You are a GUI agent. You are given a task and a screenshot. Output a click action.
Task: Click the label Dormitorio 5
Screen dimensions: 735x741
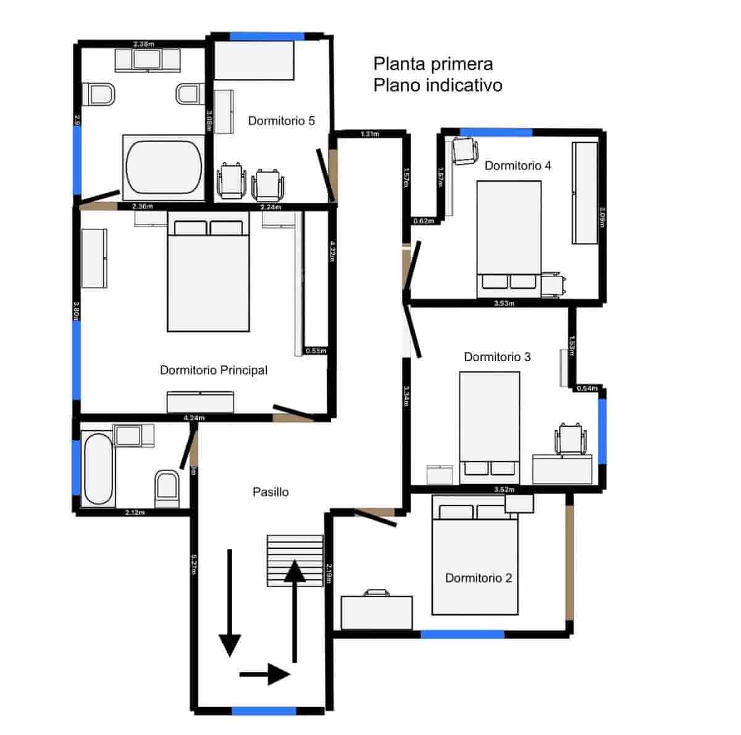[x=281, y=121]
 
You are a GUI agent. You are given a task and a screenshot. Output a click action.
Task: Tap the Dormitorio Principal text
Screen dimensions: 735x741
[x=214, y=370]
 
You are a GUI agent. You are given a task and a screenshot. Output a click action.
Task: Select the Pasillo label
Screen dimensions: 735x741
[x=270, y=492]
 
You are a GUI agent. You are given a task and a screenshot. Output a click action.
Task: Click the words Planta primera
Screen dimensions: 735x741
[x=433, y=64]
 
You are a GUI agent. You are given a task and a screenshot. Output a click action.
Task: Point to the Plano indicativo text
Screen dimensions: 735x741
[x=437, y=85]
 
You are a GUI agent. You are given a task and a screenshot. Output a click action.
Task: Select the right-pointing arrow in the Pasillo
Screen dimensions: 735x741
[x=265, y=674]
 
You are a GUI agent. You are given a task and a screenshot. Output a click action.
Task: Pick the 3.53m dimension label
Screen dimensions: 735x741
[x=504, y=303]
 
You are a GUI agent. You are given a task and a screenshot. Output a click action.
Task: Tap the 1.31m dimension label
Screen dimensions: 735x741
[x=369, y=134]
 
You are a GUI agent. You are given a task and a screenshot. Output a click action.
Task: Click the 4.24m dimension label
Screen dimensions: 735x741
[x=194, y=418]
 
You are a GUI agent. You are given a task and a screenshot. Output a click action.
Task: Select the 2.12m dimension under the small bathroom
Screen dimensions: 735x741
[x=135, y=512]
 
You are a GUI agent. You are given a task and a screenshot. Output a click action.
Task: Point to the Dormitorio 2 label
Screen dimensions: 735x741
[x=479, y=578]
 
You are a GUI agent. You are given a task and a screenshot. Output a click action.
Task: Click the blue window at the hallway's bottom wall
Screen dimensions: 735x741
[x=264, y=711]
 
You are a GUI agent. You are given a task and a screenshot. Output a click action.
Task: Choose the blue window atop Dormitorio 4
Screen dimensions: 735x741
[x=496, y=132]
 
